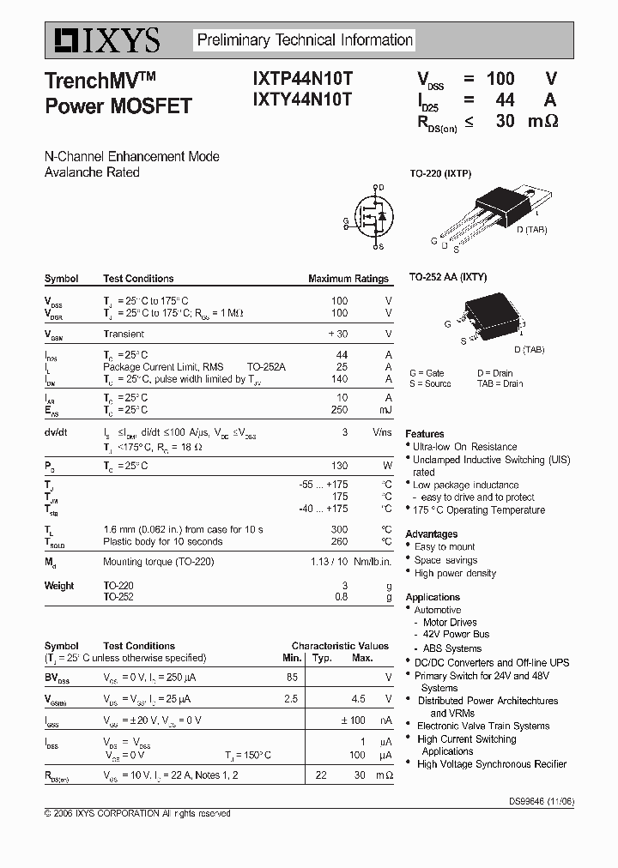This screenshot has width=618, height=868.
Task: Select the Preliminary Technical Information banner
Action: (305, 40)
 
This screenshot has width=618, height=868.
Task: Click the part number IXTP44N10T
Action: (301, 78)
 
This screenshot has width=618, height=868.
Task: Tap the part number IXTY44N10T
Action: (301, 99)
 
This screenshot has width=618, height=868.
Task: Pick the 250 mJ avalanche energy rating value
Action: (339, 409)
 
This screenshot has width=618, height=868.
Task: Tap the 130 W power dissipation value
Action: (339, 466)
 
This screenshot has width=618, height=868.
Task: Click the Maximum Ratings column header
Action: (348, 279)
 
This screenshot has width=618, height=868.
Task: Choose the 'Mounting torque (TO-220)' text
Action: (158, 562)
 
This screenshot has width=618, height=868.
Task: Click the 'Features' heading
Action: (425, 434)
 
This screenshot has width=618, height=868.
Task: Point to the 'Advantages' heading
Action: (431, 534)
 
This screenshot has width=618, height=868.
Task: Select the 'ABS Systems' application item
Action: (452, 648)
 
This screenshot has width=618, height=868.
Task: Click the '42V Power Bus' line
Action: (456, 635)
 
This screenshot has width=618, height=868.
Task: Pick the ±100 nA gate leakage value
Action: (353, 720)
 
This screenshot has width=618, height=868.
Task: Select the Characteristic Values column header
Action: (340, 646)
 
